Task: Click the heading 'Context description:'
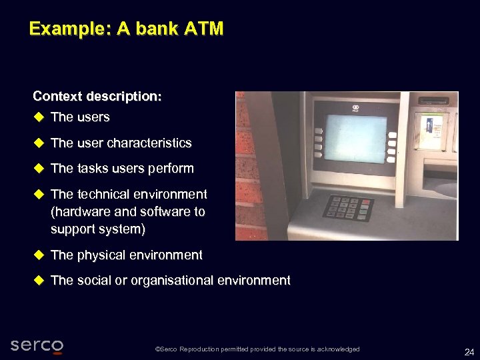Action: (97, 96)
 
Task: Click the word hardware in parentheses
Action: (81, 212)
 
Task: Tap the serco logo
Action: (37, 345)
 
